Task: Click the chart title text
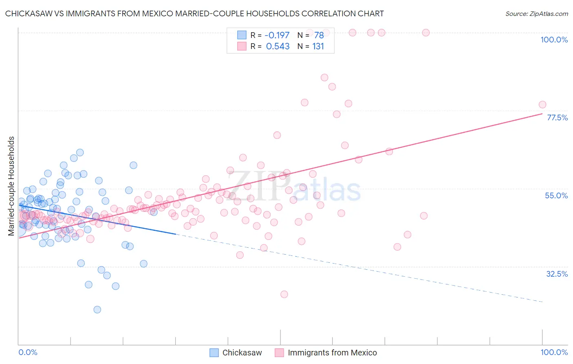[x=194, y=13]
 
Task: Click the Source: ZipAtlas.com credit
[x=536, y=13]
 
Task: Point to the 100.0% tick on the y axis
[x=554, y=40]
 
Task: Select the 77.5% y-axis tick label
[x=557, y=118]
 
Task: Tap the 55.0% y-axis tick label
[x=556, y=195]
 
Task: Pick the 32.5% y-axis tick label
[x=557, y=274]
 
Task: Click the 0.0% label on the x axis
[x=28, y=352]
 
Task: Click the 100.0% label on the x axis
[x=554, y=352]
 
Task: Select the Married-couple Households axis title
[x=11, y=186]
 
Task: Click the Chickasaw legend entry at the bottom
[x=242, y=353]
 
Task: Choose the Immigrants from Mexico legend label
[x=332, y=353]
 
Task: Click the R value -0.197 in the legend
[x=277, y=35]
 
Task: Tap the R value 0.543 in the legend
[x=278, y=47]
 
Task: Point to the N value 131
[x=318, y=47]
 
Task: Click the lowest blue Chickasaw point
[x=97, y=310]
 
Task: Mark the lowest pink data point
[x=284, y=294]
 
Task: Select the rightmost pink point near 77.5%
[x=542, y=104]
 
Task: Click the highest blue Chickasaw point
[x=80, y=152]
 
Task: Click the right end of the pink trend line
[x=542, y=114]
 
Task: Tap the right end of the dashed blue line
[x=542, y=302]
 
